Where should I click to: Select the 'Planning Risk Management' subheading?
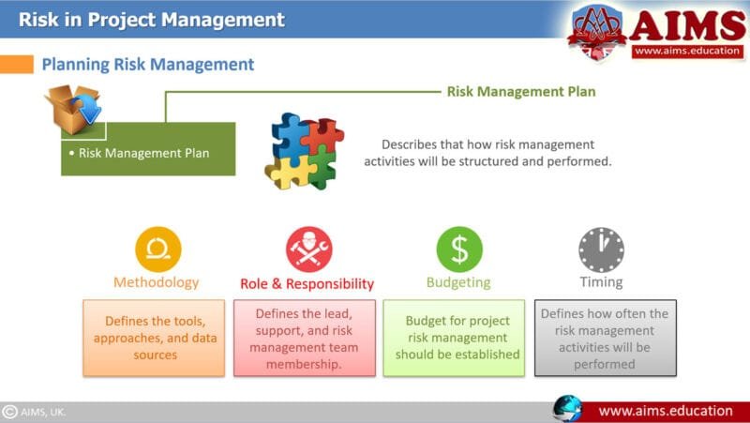(147, 64)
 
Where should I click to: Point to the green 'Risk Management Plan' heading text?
(520, 91)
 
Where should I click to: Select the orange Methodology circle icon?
(157, 249)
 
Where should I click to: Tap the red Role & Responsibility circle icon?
(308, 249)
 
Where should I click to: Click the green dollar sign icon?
(459, 249)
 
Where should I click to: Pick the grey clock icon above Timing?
(601, 249)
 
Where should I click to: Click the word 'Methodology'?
(157, 282)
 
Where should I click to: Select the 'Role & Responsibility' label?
(307, 283)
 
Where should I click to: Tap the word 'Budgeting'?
(458, 282)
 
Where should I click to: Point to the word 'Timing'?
(600, 282)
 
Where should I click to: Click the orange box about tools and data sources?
(154, 338)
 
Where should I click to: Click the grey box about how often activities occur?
(605, 338)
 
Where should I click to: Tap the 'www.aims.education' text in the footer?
(666, 411)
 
